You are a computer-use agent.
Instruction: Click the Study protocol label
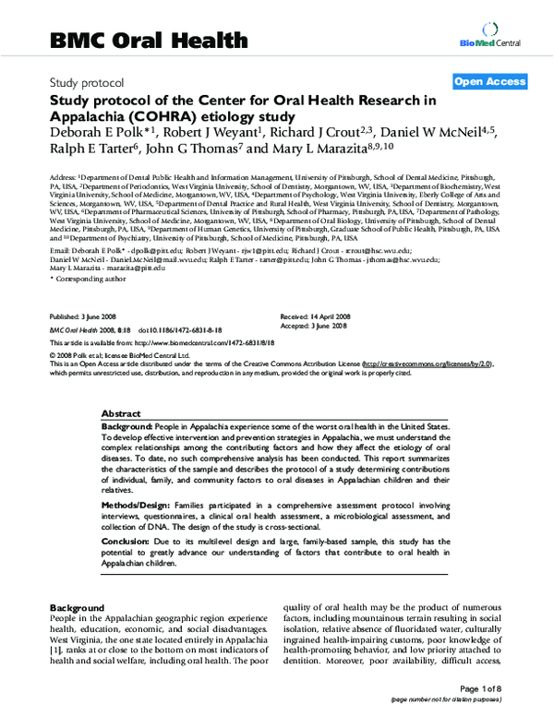coord(84,83)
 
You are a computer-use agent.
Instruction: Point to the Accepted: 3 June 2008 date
coord(315,326)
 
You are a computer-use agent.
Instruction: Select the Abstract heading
coord(121,414)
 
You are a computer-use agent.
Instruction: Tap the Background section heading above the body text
coord(77,608)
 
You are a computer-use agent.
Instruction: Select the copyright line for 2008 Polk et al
coord(119,354)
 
